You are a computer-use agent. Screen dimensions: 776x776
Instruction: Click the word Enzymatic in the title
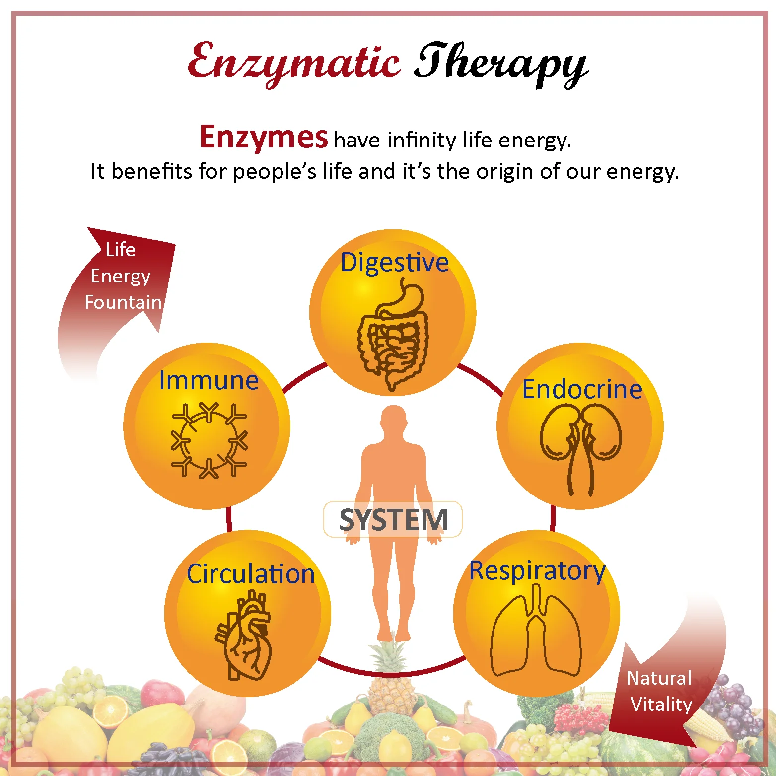(x=294, y=62)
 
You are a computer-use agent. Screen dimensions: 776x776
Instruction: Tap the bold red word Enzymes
(x=263, y=137)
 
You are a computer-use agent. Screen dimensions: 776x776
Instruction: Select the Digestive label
(x=394, y=262)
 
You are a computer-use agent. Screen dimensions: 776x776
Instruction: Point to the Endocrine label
(x=582, y=389)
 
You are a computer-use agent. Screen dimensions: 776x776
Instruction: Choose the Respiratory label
(x=537, y=571)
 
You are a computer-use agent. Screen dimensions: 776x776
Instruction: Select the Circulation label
(x=251, y=574)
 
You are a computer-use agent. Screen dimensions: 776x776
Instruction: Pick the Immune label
(x=209, y=381)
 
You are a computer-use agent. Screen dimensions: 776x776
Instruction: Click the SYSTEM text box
(x=393, y=520)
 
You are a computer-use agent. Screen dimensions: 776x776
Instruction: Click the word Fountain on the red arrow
(x=123, y=302)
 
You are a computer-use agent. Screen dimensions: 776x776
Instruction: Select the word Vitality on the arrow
(x=661, y=705)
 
